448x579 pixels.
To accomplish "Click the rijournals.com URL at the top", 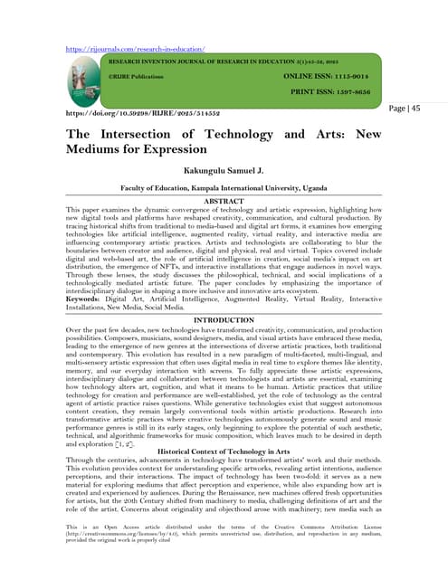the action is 134,47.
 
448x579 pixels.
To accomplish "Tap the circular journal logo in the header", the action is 84,83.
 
